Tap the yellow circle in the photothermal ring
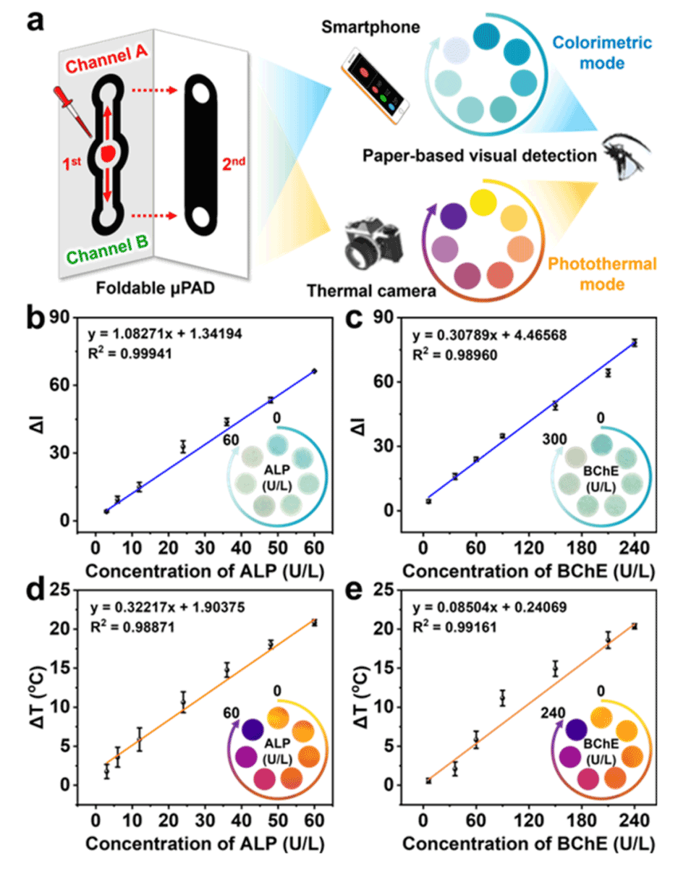pos(482,202)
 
